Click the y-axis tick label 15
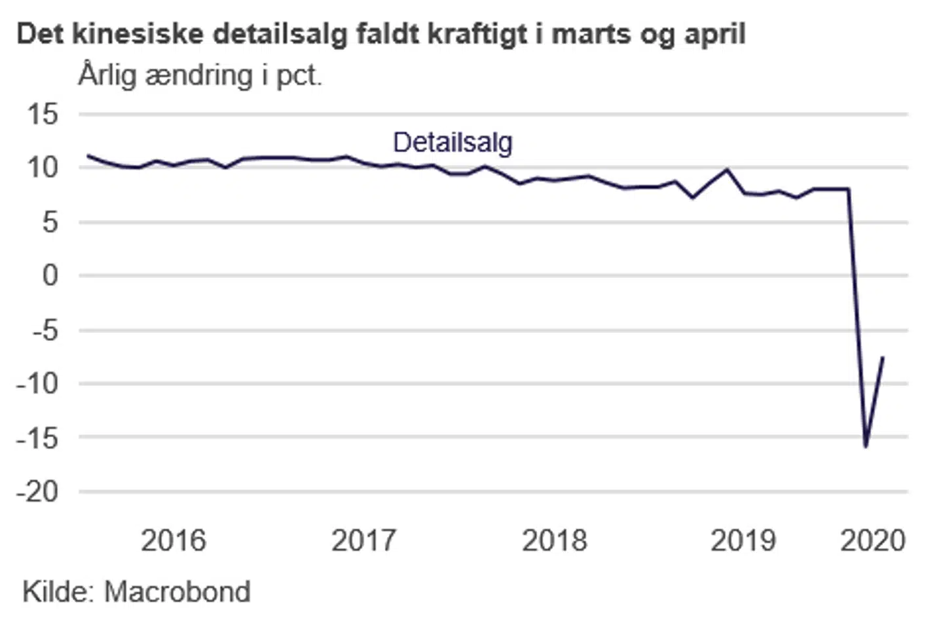43,115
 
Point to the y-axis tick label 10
43,168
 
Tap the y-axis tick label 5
50,223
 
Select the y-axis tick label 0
50,275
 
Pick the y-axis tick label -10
37,383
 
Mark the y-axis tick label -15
37,437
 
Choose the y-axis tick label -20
37,491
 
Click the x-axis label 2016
173,541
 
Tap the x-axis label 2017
363,541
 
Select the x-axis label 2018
554,541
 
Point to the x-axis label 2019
743,541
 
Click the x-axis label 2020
872,541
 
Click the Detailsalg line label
453,142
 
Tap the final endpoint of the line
883,357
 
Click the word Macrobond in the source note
177,592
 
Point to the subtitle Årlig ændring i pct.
200,75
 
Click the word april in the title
714,34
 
